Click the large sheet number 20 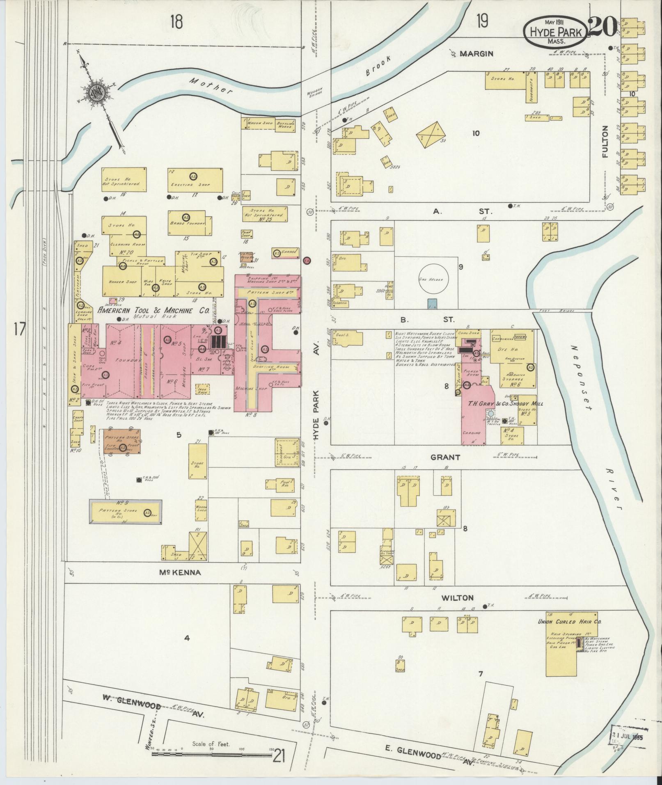click(602, 27)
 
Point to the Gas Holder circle click(433, 279)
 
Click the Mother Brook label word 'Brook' click(377, 66)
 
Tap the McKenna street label click(181, 572)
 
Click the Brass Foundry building click(187, 223)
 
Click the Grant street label click(445, 457)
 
